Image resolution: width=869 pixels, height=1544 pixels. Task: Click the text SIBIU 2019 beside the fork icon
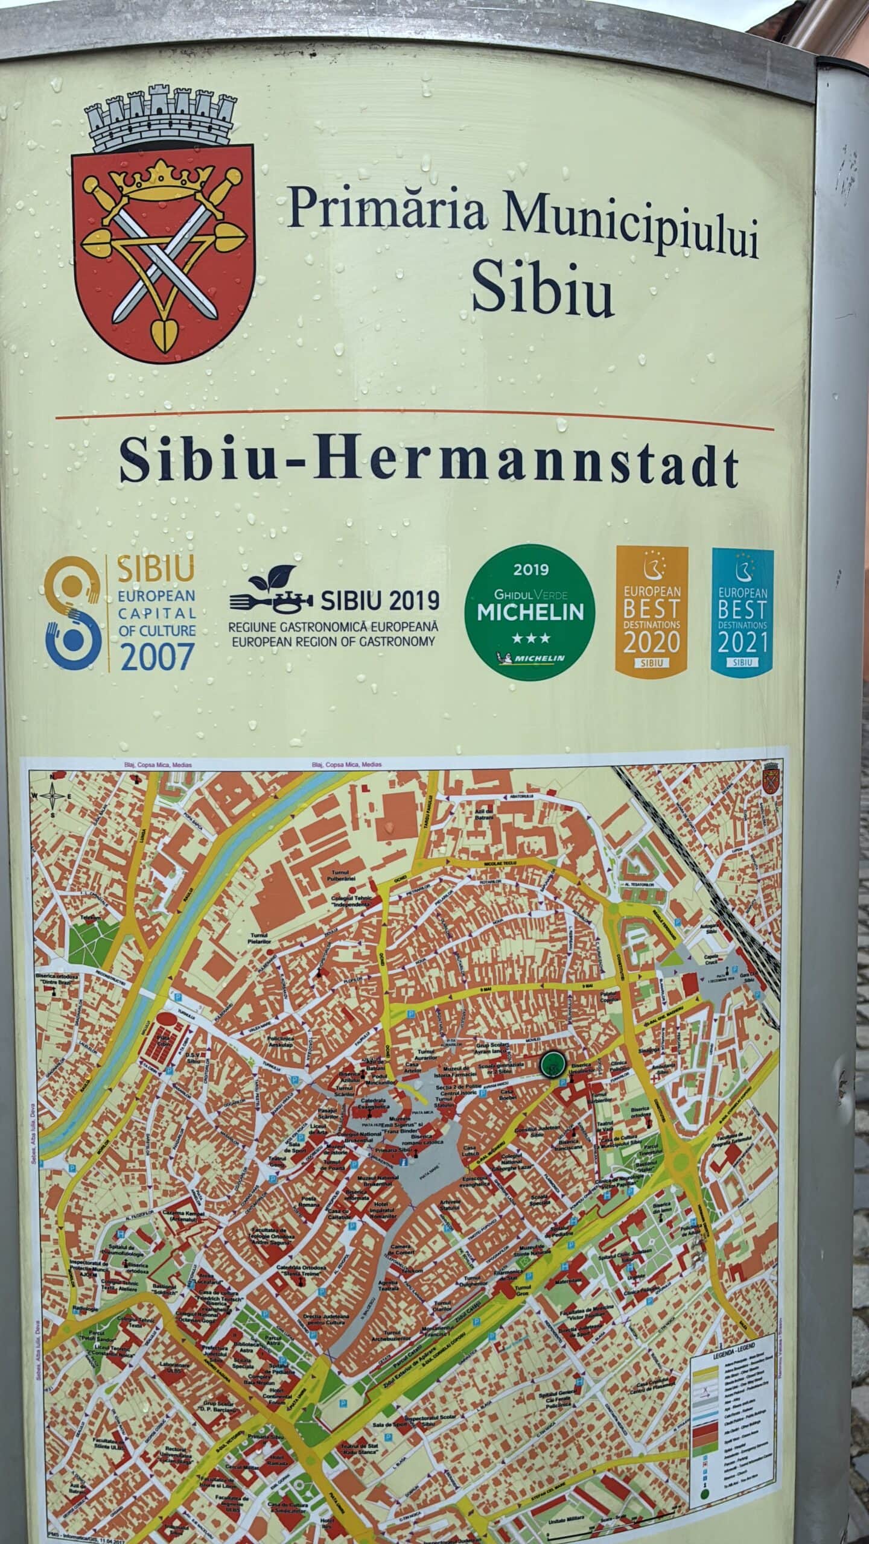380,601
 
